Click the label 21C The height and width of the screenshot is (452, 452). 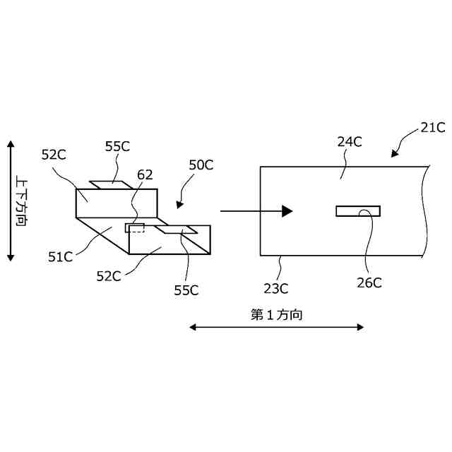tap(432, 128)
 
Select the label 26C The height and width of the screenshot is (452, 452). tap(369, 282)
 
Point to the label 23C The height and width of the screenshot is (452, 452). tap(275, 287)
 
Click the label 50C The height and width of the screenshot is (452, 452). tap(201, 165)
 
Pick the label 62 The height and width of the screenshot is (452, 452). tap(145, 174)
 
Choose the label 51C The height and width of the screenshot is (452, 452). tap(61, 257)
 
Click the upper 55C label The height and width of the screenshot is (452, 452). tap(117, 147)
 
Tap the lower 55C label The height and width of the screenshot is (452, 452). tap(186, 290)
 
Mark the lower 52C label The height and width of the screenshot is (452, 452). tap(109, 275)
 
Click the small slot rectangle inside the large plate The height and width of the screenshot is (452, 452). tap(357, 210)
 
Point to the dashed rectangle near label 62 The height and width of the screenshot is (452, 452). tap(135, 227)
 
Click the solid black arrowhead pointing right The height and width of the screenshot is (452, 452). tap(286, 210)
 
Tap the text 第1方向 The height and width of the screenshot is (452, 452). tap(277, 315)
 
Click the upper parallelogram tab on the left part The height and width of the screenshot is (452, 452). tap(110, 185)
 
